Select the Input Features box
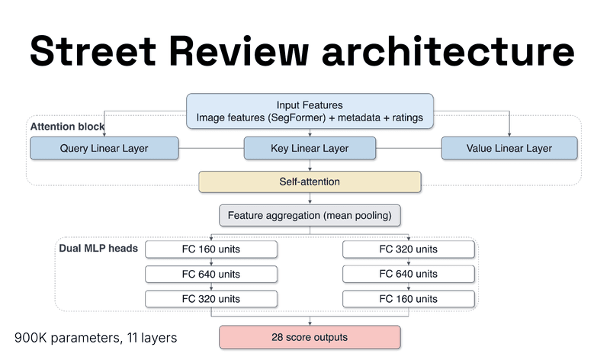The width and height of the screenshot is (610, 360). coord(310,111)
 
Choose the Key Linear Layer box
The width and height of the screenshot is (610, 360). coord(310,148)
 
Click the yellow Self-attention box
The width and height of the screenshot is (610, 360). coord(310,182)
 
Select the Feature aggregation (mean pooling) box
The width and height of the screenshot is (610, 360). coord(310,216)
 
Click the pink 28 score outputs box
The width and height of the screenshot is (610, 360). coord(310,336)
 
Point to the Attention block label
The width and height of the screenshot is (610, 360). coord(67,126)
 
